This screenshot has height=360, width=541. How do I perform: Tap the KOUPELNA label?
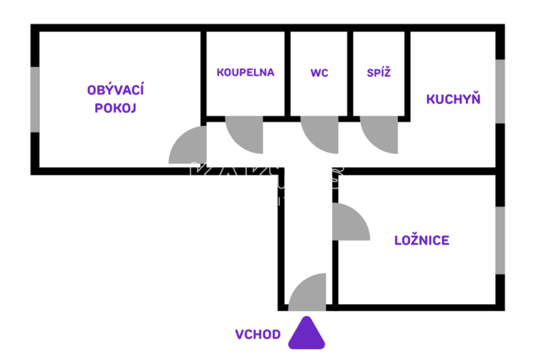click(x=245, y=72)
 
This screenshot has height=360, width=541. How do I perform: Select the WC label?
click(x=320, y=72)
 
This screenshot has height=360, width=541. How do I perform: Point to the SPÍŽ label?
click(x=378, y=72)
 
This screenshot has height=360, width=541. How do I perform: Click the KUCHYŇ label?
click(x=453, y=99)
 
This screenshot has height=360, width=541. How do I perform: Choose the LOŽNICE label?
click(x=422, y=240)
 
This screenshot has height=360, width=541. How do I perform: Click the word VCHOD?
click(x=258, y=334)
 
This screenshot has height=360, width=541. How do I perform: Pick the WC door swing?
click(x=320, y=132)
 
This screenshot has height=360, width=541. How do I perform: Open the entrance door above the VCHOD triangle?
click(x=309, y=292)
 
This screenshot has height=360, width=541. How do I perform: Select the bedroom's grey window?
click(x=500, y=240)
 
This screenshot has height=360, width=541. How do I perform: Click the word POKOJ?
click(x=116, y=108)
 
